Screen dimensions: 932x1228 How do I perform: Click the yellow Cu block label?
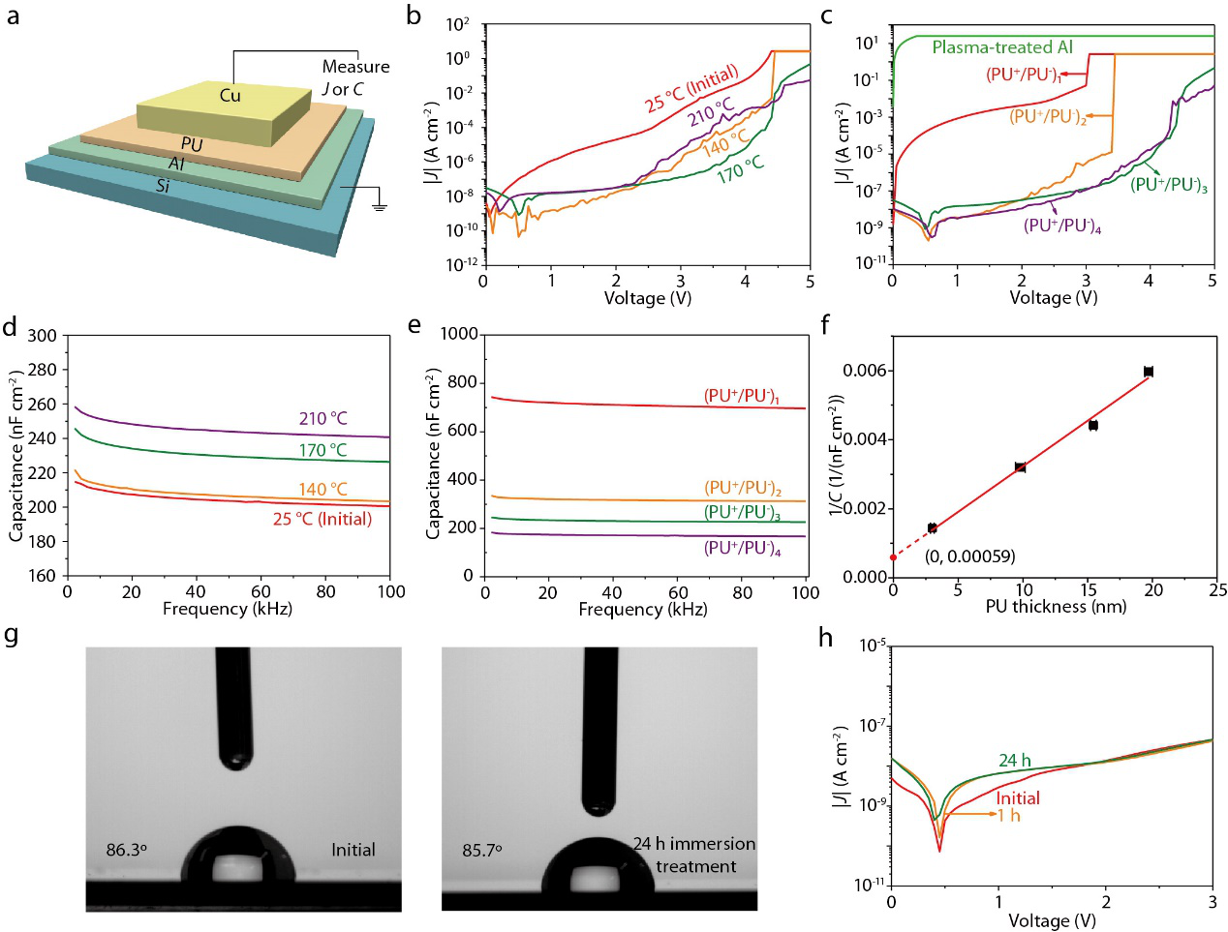pyautogui.click(x=230, y=95)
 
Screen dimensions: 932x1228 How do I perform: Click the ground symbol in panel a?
pyautogui.click(x=379, y=204)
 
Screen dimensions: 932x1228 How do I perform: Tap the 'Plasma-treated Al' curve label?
pyautogui.click(x=1002, y=46)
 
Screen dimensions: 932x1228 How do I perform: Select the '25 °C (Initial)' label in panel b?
pyautogui.click(x=691, y=88)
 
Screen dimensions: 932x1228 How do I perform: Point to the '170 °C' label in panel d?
pyautogui.click(x=322, y=450)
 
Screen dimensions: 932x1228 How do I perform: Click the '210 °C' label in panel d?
pyautogui.click(x=322, y=418)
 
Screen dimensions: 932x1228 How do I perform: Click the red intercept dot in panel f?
pyautogui.click(x=893, y=557)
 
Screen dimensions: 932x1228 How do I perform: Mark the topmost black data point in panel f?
pyautogui.click(x=1149, y=372)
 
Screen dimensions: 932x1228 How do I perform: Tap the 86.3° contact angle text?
pyautogui.click(x=127, y=850)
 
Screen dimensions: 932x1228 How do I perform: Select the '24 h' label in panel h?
pyautogui.click(x=1015, y=761)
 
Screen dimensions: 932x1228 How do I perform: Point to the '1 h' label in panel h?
pyautogui.click(x=1008, y=815)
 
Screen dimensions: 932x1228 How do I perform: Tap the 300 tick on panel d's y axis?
pyautogui.click(x=42, y=335)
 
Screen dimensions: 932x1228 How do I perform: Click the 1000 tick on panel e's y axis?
pyautogui.click(x=459, y=334)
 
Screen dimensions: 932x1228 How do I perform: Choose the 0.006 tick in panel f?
pyautogui.click(x=866, y=371)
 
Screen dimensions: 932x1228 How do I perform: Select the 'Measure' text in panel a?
pyautogui.click(x=355, y=67)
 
